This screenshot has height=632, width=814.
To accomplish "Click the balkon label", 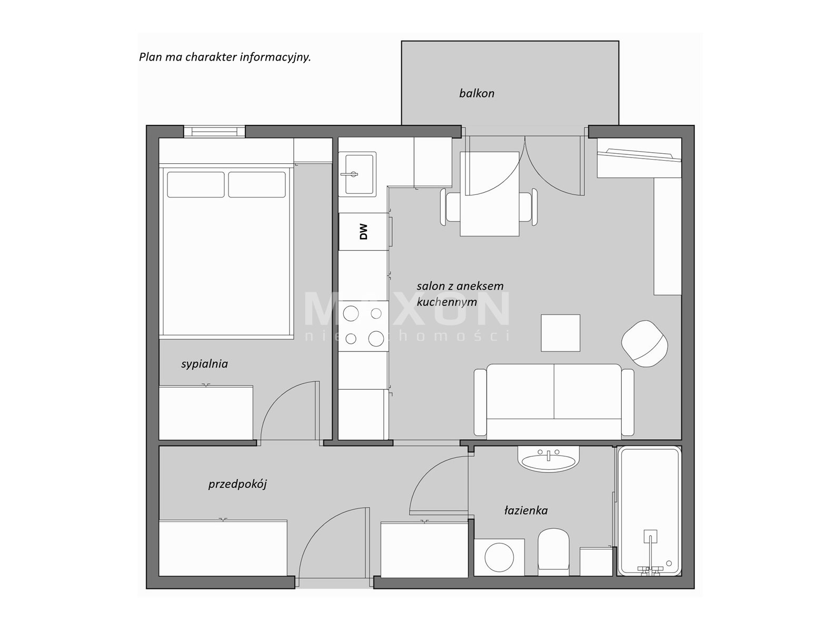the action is click(x=477, y=93).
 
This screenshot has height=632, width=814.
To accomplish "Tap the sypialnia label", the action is click(x=204, y=364).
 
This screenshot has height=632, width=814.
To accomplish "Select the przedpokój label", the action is click(x=237, y=484).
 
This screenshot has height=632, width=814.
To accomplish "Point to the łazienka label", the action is click(x=525, y=510).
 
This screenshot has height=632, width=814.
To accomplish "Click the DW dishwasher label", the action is click(x=363, y=232).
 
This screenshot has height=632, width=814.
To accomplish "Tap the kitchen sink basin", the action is click(x=359, y=174).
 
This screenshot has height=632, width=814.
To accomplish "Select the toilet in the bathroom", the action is click(x=553, y=551).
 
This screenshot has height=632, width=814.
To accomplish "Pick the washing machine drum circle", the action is click(x=499, y=557).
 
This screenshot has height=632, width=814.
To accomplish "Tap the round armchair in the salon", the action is click(x=644, y=343).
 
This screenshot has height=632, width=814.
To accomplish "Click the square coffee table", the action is click(x=560, y=333).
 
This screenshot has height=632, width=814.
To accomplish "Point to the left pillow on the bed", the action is click(x=195, y=184).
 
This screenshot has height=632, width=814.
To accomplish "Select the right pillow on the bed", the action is click(x=257, y=184).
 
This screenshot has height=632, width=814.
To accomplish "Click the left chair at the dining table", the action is click(x=450, y=207).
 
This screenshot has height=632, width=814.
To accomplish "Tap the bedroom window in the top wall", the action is click(x=214, y=132).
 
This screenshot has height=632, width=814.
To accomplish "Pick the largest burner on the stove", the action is click(x=376, y=339).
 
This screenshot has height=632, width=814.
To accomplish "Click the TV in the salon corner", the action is click(x=639, y=154).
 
